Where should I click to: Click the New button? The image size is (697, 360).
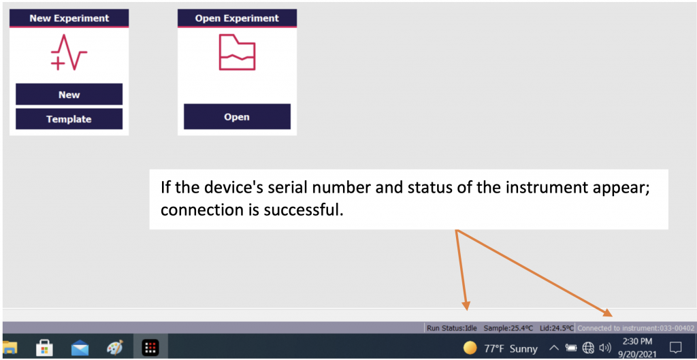69,95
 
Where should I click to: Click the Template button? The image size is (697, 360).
69,119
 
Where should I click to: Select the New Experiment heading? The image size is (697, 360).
69,18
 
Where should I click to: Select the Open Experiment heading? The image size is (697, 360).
237,18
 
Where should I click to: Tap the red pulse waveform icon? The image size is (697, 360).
69,54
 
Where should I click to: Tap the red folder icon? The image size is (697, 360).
237,53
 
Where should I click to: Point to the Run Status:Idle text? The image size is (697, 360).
451,327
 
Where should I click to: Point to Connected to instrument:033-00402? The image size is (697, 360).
635,327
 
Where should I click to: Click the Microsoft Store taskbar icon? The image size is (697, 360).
45,348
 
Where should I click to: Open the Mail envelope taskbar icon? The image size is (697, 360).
80,348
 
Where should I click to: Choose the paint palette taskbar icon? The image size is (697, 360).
115,348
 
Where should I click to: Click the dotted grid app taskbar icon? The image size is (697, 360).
150,348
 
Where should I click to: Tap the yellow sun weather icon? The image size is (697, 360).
470,348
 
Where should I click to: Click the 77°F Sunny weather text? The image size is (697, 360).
510,348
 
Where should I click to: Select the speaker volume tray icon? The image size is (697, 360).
604,348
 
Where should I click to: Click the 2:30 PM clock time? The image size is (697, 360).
637,341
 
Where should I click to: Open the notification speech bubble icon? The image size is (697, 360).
675,347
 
